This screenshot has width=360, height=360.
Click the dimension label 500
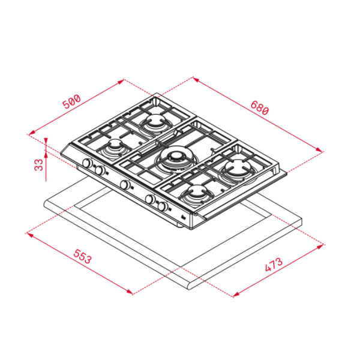(72, 101)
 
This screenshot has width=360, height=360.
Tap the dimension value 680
(259, 107)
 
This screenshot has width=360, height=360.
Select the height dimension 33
(39, 165)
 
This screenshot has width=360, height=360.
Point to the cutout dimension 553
(83, 256)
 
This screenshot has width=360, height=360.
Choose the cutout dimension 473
(274, 265)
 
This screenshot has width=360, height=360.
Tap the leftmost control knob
(87, 163)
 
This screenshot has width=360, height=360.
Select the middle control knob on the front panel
(125, 185)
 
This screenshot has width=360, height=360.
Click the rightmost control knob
(163, 206)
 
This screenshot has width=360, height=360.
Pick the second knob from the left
(100, 170)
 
